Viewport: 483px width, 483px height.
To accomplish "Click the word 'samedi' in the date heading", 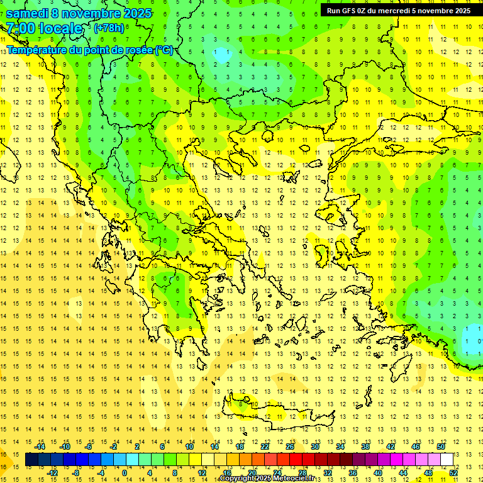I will [x=27, y=13].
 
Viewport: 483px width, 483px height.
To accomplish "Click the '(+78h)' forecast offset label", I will [x=109, y=28].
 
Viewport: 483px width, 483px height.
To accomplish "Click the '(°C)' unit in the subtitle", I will [x=164, y=50].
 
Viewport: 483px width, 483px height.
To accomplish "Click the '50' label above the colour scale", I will [x=440, y=447].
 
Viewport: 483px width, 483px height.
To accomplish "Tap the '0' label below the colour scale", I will [x=124, y=473].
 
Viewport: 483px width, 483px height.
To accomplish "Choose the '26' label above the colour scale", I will [x=289, y=447].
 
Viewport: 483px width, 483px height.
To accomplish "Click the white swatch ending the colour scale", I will [x=447, y=460].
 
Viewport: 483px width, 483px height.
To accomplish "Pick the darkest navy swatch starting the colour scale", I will [x=31, y=460].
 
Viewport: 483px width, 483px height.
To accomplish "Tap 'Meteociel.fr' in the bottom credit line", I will [x=294, y=479].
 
